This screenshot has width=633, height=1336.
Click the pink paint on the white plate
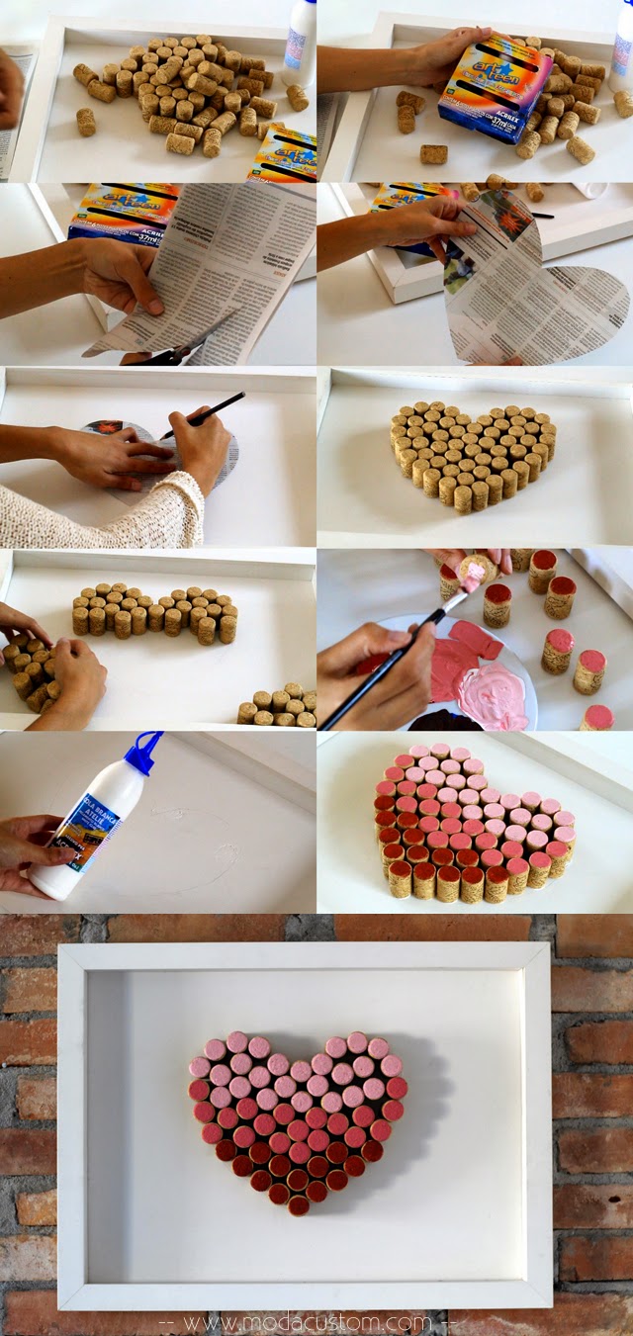[x=480, y=682]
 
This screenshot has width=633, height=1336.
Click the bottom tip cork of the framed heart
[x=299, y=1204]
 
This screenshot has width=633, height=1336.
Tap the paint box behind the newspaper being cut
[x=124, y=213]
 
